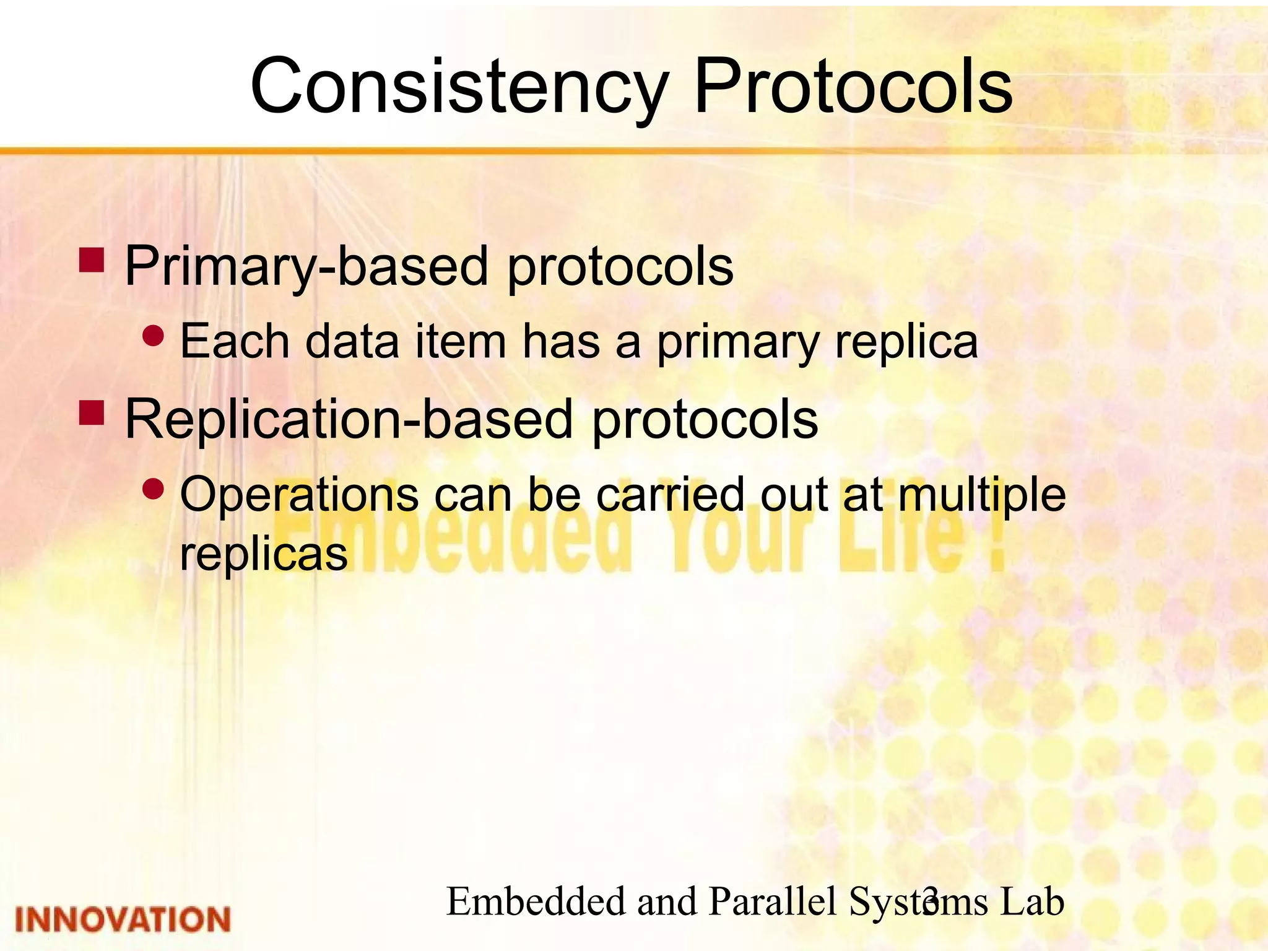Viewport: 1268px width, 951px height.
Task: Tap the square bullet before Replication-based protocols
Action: (x=92, y=413)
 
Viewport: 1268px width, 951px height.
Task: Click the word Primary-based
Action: (x=307, y=266)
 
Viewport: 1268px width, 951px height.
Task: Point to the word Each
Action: (x=234, y=341)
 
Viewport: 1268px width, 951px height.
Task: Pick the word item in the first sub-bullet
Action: (x=460, y=341)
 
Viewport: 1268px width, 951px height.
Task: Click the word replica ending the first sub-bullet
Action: (x=906, y=342)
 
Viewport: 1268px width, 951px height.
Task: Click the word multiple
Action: (x=981, y=495)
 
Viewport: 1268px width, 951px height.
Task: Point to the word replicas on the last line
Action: (x=264, y=554)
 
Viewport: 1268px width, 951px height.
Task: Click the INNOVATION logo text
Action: (x=123, y=919)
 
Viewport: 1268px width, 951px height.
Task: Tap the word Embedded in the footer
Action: (x=536, y=901)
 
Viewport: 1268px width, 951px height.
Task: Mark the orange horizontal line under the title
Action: (x=619, y=150)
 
